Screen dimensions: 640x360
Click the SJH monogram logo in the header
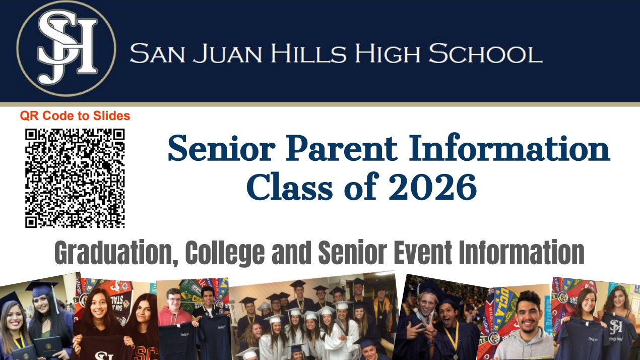coord(67,48)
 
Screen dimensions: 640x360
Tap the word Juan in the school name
coord(227,53)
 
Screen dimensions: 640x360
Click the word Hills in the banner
coord(308,53)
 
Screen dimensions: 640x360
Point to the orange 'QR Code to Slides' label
coord(75,116)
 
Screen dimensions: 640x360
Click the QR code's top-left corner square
coord(31,135)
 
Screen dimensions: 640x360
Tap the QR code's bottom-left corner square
coord(31,222)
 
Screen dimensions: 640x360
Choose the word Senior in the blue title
coord(221,149)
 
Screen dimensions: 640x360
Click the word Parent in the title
coord(342,149)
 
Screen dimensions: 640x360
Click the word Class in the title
coord(290,187)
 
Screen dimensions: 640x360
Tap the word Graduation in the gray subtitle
coord(116,253)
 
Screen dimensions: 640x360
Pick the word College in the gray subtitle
coord(225,253)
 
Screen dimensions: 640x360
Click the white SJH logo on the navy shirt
coord(616,327)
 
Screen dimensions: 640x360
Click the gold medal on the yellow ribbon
coord(456,356)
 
